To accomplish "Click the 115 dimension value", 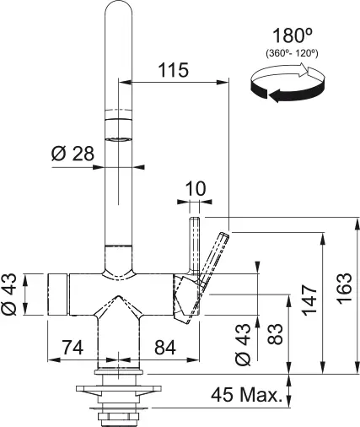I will pos(174,71).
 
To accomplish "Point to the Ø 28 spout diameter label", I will pos(72,154).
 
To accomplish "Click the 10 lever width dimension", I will pos(194,189).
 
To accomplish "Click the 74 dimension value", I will pos(73,346).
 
